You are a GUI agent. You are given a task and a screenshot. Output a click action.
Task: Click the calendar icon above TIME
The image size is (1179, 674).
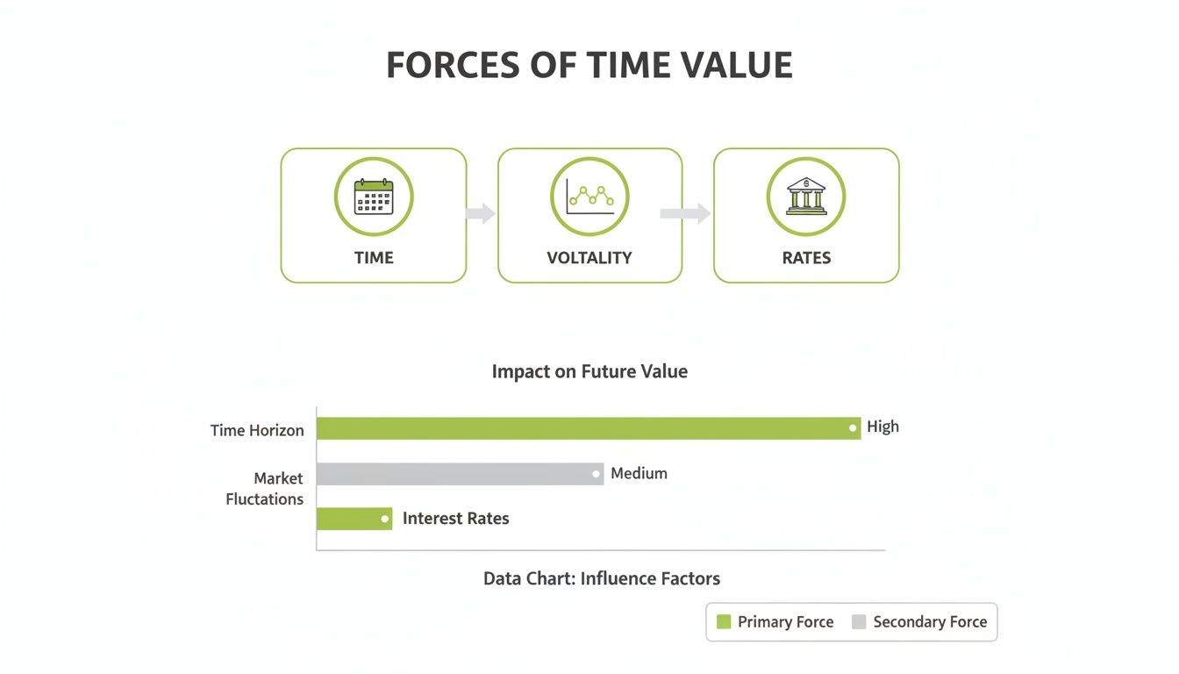[x=374, y=197]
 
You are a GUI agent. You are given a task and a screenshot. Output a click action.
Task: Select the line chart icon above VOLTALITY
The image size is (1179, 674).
[x=589, y=197]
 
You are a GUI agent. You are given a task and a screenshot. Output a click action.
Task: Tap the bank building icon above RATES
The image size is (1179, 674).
[x=805, y=197]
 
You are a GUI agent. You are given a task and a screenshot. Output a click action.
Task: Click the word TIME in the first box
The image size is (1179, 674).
[x=374, y=258]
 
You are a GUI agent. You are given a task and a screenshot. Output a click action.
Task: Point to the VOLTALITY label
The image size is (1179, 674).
[x=589, y=258]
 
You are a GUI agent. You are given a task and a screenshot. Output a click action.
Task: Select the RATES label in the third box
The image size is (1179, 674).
[x=806, y=258]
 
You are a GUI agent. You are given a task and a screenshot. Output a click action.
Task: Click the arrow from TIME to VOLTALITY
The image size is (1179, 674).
[x=481, y=213]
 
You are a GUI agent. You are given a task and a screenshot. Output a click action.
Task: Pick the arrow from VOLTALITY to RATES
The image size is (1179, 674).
[x=686, y=213]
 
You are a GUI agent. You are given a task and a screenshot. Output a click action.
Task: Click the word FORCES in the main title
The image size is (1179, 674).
[x=454, y=66]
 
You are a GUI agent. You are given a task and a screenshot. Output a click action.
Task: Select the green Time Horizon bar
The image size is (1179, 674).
[x=588, y=428]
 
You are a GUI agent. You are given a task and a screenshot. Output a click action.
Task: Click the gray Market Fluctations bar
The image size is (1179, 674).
[x=460, y=474]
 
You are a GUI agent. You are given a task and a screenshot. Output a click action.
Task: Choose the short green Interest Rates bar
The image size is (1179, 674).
[x=354, y=519]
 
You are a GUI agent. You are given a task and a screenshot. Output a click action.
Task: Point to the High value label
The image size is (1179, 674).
[x=882, y=427]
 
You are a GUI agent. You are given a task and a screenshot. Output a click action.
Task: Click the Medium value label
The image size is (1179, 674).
[x=639, y=474]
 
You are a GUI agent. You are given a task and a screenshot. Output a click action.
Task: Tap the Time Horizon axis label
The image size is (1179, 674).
[x=257, y=431]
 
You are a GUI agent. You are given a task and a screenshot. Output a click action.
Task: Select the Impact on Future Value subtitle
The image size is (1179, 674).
[x=589, y=371]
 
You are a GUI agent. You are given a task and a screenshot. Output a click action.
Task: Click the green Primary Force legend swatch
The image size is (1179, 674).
[x=724, y=622]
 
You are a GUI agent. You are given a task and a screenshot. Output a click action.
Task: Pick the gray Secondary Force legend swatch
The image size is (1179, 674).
[x=859, y=622]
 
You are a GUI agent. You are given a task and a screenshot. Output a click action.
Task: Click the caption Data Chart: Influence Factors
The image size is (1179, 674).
[x=602, y=579]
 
